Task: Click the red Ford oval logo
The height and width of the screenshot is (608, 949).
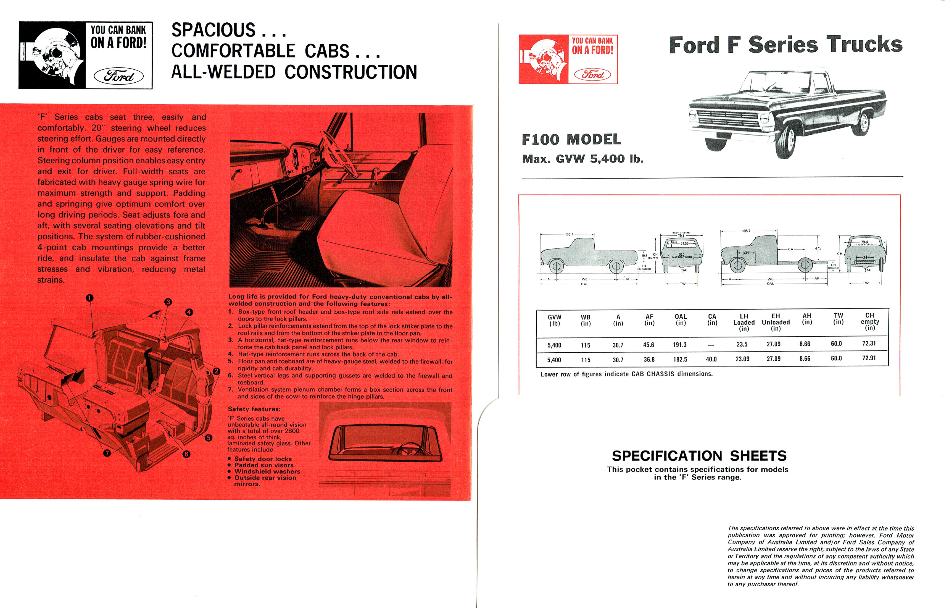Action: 592,74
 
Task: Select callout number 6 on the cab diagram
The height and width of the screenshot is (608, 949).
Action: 186,454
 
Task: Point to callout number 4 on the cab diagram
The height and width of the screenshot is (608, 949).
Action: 189,312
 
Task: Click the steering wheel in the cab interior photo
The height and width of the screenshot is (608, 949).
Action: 338,152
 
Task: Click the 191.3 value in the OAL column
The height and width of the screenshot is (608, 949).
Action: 679,345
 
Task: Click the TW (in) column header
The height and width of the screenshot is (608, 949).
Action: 838,319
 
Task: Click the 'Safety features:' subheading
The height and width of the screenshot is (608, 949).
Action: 254,409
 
